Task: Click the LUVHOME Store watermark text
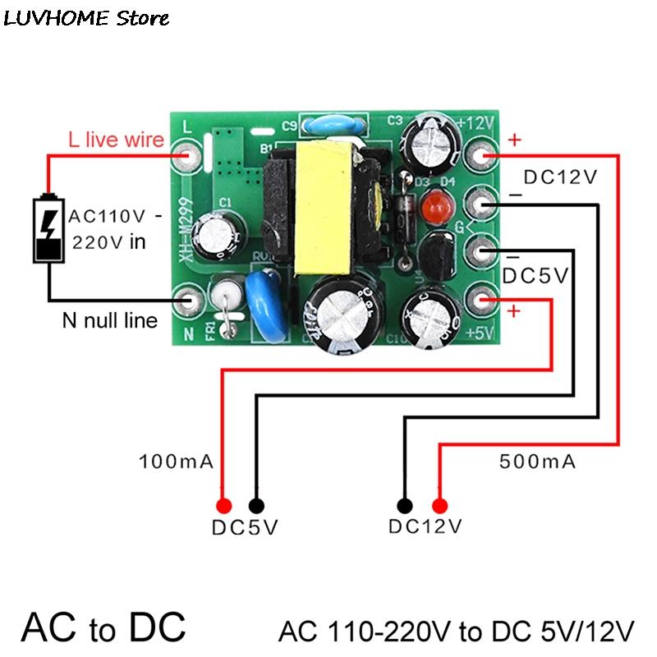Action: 86,17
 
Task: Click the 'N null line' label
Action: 109,319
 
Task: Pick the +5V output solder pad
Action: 482,300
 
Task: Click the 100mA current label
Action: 176,462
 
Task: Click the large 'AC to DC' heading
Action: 103,627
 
